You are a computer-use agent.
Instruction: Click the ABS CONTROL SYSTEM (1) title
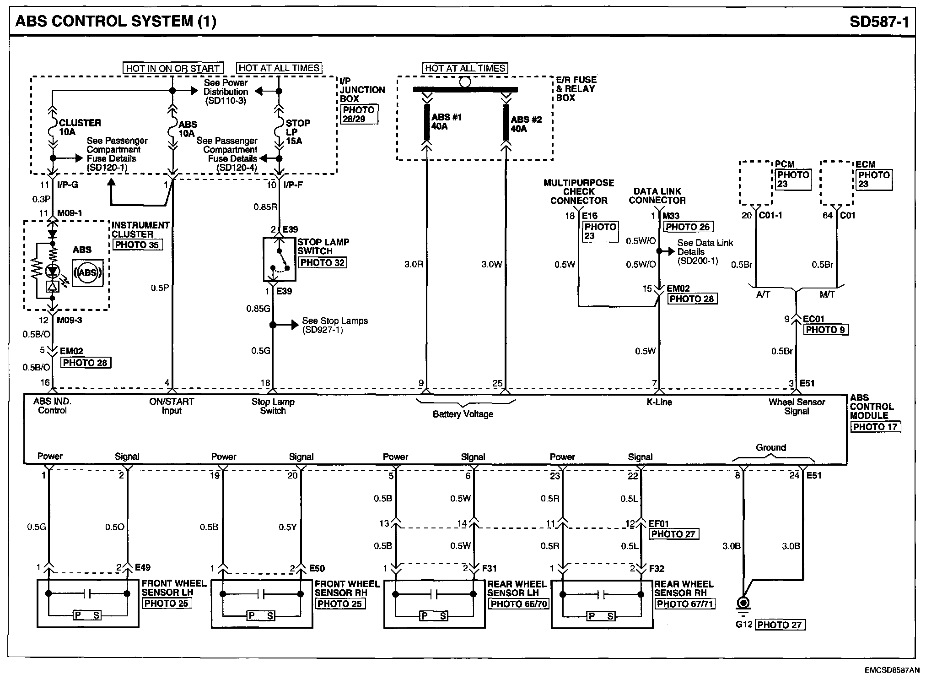point(116,21)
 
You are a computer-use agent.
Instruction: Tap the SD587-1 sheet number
point(879,22)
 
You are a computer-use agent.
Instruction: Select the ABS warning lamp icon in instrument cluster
point(87,273)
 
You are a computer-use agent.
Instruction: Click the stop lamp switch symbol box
point(279,259)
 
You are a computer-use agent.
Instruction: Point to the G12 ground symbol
point(743,604)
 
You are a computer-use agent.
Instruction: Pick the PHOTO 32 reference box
point(322,263)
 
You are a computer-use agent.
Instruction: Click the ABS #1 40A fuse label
point(446,122)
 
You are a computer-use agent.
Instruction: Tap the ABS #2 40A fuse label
point(526,124)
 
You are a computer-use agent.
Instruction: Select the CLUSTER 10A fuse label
point(79,127)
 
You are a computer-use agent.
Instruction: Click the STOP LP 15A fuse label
point(297,132)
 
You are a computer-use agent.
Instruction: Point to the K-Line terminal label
point(659,402)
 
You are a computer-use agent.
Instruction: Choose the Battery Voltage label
point(463,414)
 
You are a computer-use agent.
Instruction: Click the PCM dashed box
point(756,183)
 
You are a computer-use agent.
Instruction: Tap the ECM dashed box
point(836,183)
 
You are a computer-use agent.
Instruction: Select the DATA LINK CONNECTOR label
point(657,196)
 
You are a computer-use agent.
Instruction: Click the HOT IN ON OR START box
point(173,68)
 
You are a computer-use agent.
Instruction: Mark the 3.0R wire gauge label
point(414,264)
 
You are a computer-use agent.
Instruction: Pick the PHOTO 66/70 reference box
point(519,604)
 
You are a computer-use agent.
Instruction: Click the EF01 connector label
point(659,523)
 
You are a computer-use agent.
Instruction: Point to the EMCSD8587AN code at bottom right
point(891,670)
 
